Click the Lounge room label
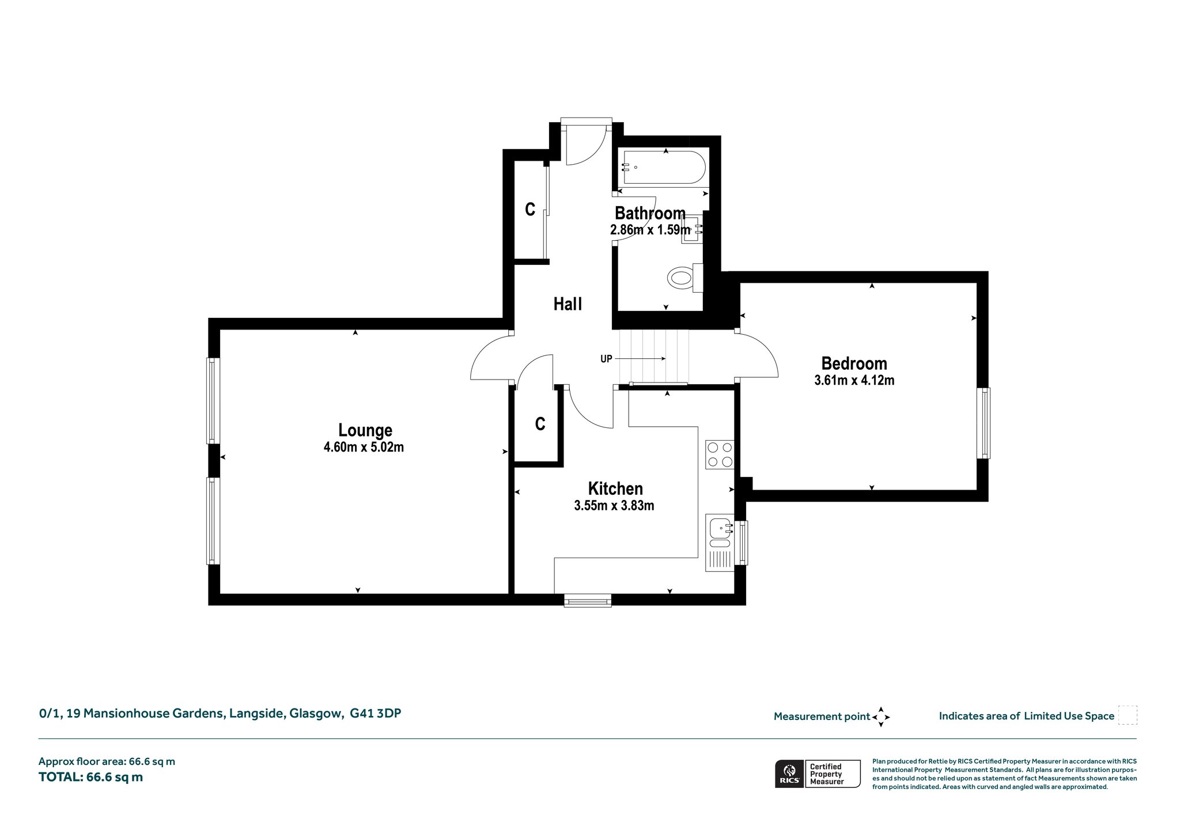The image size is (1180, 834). [365, 430]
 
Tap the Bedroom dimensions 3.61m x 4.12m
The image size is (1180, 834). [854, 380]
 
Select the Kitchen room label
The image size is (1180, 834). [615, 488]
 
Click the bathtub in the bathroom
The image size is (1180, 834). [663, 168]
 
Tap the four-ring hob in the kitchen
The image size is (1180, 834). [720, 454]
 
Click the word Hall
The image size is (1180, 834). [568, 304]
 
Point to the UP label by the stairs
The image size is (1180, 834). [606, 359]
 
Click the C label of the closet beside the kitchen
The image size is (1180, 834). [540, 424]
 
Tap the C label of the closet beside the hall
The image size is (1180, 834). [530, 209]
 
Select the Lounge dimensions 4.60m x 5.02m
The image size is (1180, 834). [364, 447]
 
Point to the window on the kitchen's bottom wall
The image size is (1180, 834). [588, 601]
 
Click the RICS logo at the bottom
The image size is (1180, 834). [789, 774]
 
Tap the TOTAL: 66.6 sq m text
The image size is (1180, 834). [90, 777]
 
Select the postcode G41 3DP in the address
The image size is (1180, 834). [376, 713]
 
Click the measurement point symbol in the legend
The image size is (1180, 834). [881, 717]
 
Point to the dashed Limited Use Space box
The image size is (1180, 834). [1128, 715]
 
